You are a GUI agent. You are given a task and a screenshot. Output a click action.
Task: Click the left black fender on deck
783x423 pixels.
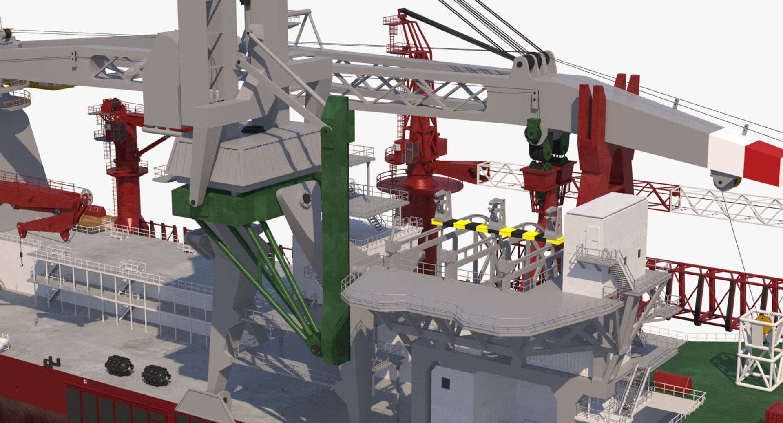pyautogui.click(x=119, y=365)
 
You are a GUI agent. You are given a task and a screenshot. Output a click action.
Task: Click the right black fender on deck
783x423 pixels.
pyautogui.click(x=156, y=374)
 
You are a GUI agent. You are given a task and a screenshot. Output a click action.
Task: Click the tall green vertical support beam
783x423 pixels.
pyautogui.click(x=336, y=228)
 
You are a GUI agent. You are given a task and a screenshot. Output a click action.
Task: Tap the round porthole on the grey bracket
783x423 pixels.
pyautogui.click(x=306, y=199)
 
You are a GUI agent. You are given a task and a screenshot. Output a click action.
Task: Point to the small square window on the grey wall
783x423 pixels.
pyautogui.click(x=445, y=383)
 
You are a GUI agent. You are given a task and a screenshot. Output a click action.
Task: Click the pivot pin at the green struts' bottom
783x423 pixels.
pyautogui.click(x=315, y=349)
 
